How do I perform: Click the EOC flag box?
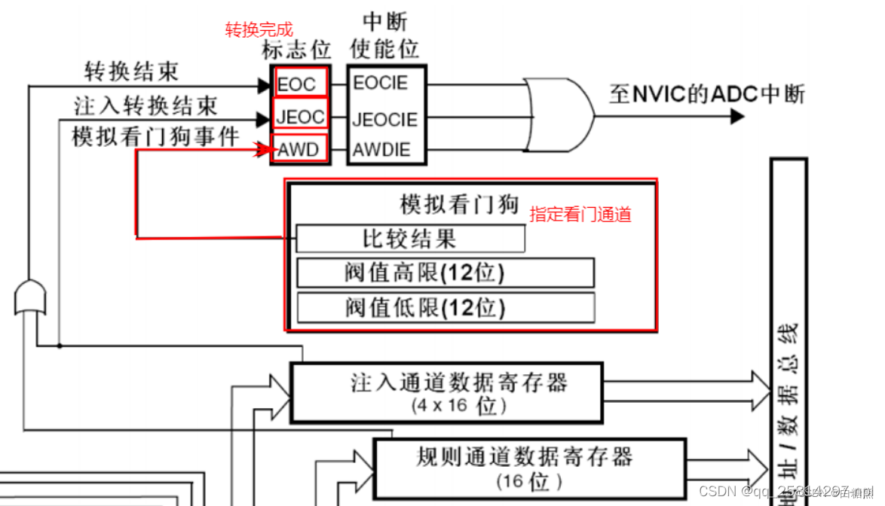[x=300, y=83]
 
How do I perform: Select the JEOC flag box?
[x=300, y=117]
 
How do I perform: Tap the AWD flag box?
[x=300, y=150]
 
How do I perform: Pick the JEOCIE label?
[x=384, y=119]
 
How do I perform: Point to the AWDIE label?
[x=381, y=150]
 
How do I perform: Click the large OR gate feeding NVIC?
[x=558, y=116]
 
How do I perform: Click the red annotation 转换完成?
[x=259, y=30]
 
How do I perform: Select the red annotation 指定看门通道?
[x=580, y=214]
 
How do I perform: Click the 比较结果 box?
[x=410, y=239]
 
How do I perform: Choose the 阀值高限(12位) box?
[x=445, y=273]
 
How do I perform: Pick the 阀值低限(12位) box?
[x=445, y=307]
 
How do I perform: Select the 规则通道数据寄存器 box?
[x=529, y=465]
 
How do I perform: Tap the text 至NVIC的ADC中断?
[x=706, y=94]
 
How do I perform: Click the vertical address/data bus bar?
[x=788, y=331]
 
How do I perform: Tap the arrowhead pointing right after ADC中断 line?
[x=736, y=117]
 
